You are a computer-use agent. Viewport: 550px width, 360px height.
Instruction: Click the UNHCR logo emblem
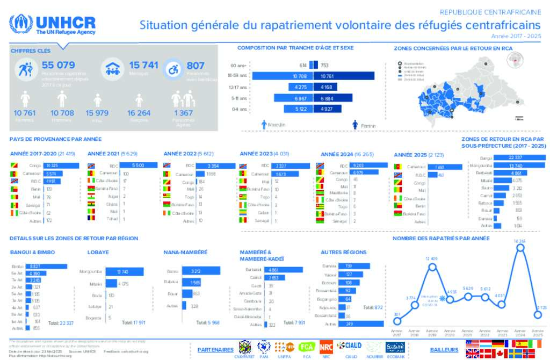[21, 25]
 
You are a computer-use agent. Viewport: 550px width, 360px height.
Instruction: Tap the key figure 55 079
[59, 66]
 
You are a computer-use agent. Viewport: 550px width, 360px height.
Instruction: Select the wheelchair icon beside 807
[173, 69]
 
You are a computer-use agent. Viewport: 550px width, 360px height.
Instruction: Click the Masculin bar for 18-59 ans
[279, 76]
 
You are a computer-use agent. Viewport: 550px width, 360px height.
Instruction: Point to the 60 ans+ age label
[238, 66]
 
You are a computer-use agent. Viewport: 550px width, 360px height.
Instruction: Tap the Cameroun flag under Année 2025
[397, 167]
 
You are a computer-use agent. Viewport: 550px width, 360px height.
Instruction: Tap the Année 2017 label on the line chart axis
[397, 334]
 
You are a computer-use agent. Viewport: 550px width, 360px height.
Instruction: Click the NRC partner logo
[325, 347]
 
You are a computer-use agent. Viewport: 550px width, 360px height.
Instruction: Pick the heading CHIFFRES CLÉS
[31, 51]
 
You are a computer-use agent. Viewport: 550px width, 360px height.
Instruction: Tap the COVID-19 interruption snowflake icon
[442, 299]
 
